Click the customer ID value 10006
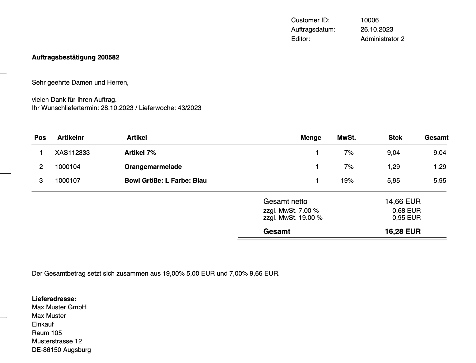point(369,20)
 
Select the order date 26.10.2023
point(377,29)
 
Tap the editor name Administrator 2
point(382,39)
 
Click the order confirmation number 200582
point(108,57)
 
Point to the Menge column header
point(311,138)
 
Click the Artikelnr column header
point(70,138)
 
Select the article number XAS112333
point(72,153)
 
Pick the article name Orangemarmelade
point(153,167)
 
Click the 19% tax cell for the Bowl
point(347,181)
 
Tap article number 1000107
point(68,181)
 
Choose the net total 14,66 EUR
point(402,201)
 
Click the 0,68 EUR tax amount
point(406,211)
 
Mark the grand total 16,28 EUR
point(402,231)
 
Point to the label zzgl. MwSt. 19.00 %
point(293,218)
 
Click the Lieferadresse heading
point(54,299)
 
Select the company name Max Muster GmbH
point(59,307)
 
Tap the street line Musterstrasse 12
point(57,341)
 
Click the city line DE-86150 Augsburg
point(61,350)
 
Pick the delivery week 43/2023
point(189,108)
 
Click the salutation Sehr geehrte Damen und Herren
point(80,82)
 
